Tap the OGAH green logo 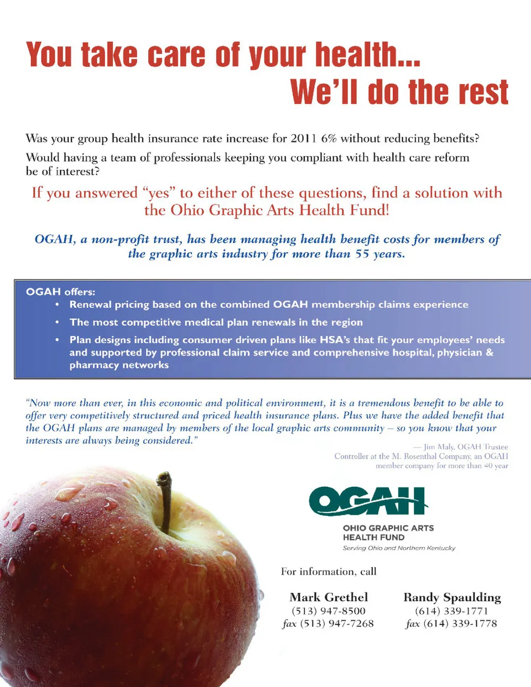pos(368,501)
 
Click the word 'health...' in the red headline pos(367,55)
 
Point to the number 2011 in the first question pos(304,138)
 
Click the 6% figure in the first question pos(329,138)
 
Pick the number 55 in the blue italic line pos(362,254)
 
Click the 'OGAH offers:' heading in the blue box pos(60,292)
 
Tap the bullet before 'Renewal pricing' pos(57,305)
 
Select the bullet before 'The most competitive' pos(57,322)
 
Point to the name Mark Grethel pos(329,597)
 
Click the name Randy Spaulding pos(452,597)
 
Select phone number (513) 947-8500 pos(329,611)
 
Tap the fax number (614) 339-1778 pos(460,623)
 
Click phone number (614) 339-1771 pos(451,611)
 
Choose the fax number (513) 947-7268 pos(337,623)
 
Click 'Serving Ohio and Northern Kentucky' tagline pos(399,548)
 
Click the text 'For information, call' pos(329,571)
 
